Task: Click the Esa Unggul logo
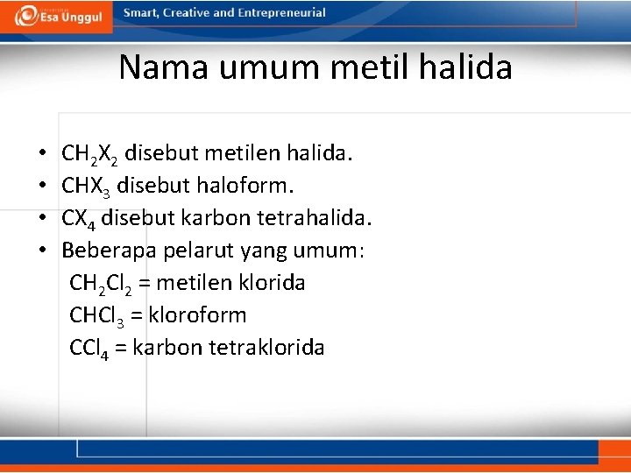pos(54,15)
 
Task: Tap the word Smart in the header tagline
pos(141,13)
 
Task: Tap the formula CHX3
pos(86,187)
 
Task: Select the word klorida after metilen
pos(276,283)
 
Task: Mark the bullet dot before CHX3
pos(43,187)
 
